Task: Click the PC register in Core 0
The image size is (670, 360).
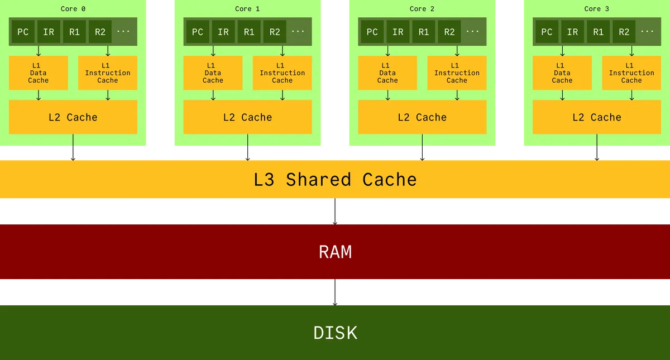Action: [23, 32]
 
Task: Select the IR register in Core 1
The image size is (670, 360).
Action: [223, 32]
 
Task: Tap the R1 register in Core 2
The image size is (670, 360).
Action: [424, 32]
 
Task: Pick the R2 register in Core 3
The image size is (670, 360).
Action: [624, 32]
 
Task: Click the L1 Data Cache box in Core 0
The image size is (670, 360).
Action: [39, 73]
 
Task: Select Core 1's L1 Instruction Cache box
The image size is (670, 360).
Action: [283, 73]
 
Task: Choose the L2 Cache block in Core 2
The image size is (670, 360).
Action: [422, 117]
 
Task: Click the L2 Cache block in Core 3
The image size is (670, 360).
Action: [597, 117]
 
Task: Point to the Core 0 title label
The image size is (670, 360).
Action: [73, 8]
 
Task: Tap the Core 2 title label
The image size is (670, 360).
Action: [422, 8]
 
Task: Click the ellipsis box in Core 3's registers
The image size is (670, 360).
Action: [647, 32]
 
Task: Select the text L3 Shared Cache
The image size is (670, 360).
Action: [335, 180]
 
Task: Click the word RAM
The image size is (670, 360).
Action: [335, 252]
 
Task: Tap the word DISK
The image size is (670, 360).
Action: [335, 333]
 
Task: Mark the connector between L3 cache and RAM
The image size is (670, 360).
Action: [335, 212]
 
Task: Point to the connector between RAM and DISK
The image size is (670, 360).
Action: [335, 293]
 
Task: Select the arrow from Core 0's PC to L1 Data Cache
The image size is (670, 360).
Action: [39, 51]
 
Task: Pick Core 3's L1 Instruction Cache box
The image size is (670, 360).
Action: [631, 73]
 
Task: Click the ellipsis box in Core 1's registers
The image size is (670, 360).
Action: [298, 32]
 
